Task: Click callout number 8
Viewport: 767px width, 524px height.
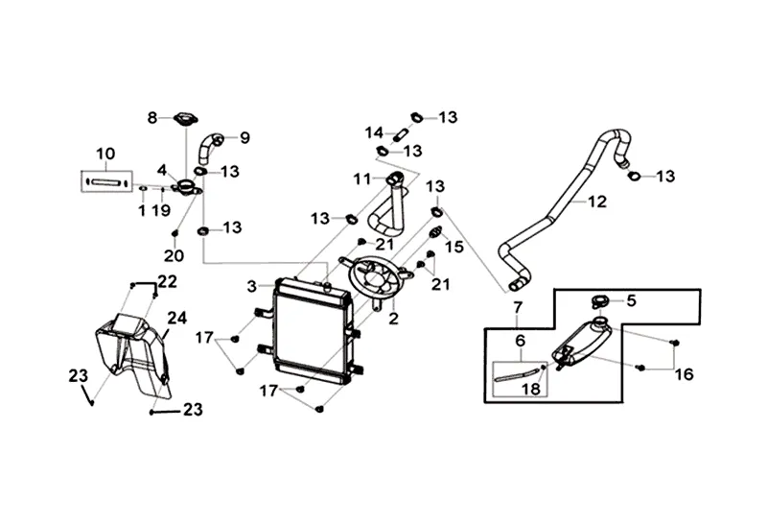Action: (151, 118)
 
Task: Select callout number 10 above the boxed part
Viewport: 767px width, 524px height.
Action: (105, 153)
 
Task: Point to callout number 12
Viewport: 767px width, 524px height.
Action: (597, 202)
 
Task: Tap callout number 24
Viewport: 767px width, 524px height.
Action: (177, 318)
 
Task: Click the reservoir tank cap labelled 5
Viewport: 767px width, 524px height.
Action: (601, 301)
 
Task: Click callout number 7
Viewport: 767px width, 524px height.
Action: (518, 308)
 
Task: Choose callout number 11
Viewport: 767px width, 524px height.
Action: (360, 179)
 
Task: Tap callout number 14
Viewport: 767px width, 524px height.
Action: (374, 132)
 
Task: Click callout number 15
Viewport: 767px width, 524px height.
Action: (454, 247)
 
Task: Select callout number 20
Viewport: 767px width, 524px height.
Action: (173, 256)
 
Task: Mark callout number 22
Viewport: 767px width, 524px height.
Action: (168, 281)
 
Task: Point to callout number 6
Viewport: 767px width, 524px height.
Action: (521, 341)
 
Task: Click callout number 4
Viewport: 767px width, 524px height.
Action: (162, 170)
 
